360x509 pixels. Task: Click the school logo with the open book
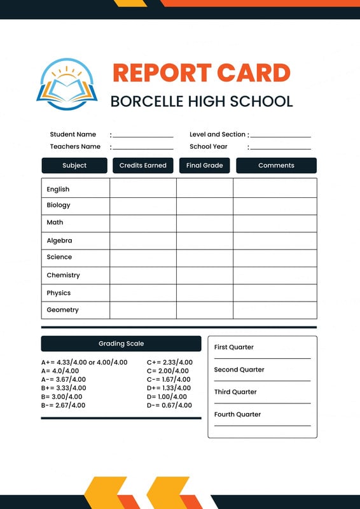(x=67, y=84)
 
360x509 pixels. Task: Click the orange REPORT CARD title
(x=201, y=73)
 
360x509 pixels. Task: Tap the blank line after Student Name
(x=143, y=136)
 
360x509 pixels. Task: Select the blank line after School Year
(x=280, y=148)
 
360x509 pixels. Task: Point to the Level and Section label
(x=218, y=134)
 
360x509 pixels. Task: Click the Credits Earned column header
(x=142, y=165)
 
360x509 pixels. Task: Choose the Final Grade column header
(x=204, y=165)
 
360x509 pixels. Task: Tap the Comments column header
(x=276, y=165)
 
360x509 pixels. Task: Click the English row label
(x=58, y=190)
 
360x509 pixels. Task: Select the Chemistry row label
(x=63, y=275)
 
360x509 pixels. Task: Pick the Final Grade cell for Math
(x=204, y=223)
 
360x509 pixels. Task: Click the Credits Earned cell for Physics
(x=142, y=293)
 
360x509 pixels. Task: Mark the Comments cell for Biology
(x=275, y=206)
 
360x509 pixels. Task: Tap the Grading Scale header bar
(x=121, y=344)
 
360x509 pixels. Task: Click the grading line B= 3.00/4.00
(x=63, y=396)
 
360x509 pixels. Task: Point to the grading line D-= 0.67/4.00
(x=169, y=405)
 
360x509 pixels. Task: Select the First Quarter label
(x=234, y=347)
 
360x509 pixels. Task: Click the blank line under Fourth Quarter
(x=262, y=424)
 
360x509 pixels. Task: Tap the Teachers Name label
(x=75, y=146)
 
